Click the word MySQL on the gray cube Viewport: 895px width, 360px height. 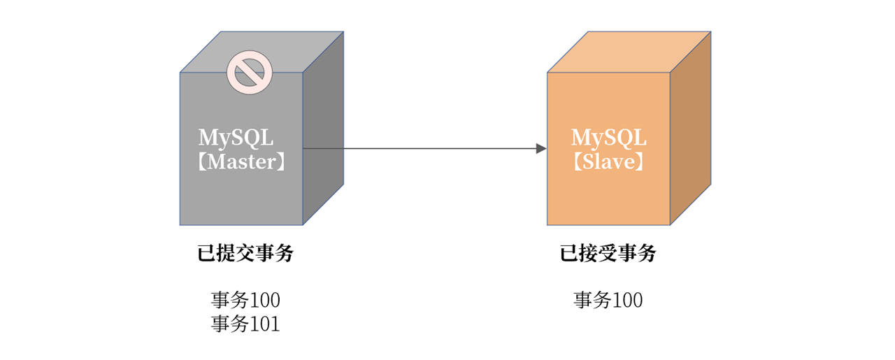(x=236, y=137)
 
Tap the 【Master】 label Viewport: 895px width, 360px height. (x=241, y=162)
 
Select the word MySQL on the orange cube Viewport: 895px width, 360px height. (x=608, y=137)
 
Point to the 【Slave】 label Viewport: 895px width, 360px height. (x=608, y=162)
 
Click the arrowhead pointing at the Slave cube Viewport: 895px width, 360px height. (x=540, y=148)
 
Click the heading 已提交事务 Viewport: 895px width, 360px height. (x=245, y=254)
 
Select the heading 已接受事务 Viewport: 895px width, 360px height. (x=608, y=254)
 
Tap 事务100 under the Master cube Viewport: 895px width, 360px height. (x=245, y=301)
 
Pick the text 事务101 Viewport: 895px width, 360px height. (x=245, y=324)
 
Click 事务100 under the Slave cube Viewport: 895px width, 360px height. (x=608, y=301)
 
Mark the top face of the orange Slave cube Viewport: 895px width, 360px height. (x=629, y=52)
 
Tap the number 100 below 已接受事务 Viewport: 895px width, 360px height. (x=628, y=301)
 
